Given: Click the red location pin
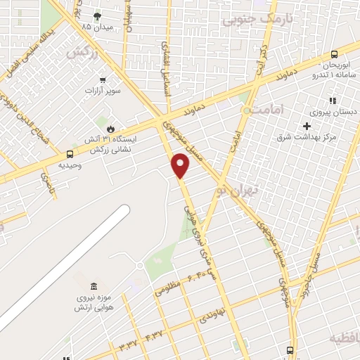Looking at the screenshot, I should (181, 166).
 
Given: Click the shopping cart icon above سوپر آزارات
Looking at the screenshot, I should (103, 79).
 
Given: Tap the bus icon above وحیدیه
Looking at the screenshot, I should (69, 154).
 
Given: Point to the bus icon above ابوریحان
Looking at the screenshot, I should (334, 53).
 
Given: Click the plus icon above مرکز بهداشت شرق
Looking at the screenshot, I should (306, 126).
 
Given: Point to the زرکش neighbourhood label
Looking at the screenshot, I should (79, 53).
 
